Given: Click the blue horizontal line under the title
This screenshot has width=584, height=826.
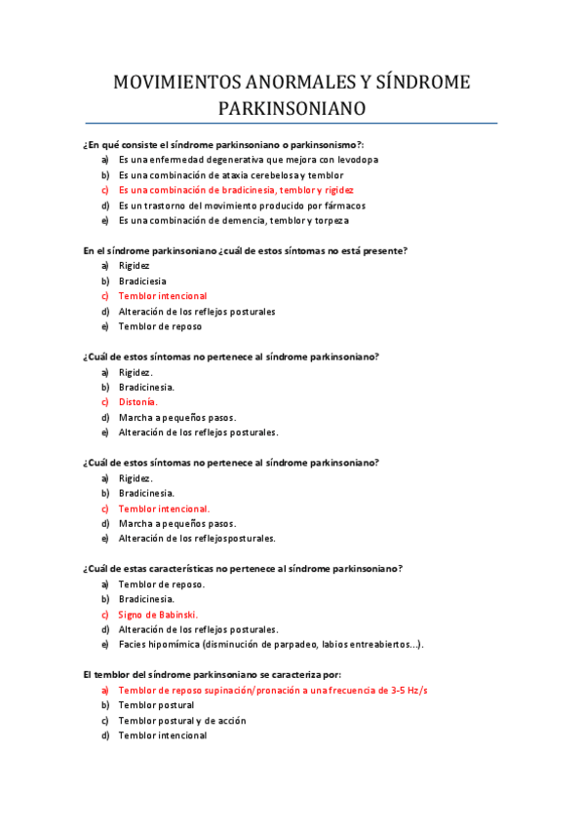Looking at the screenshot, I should point(292,124).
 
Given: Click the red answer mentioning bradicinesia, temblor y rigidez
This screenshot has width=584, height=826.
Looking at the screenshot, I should point(236,190).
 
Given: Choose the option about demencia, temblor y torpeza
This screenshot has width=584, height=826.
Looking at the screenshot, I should point(233,221).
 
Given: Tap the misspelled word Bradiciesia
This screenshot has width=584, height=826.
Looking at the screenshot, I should point(142,281).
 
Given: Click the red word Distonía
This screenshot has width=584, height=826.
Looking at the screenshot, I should point(137,401).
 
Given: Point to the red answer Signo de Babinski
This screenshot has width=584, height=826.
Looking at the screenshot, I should point(158,615).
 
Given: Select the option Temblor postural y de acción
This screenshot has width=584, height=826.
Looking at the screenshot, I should point(181,721).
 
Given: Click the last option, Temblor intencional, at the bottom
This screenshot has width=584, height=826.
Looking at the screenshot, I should point(162,735).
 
